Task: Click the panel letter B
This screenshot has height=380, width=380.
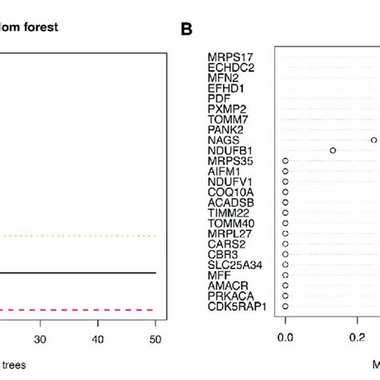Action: (186, 29)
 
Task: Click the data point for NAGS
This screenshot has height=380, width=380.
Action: (374, 139)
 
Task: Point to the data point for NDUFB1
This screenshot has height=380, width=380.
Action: (333, 150)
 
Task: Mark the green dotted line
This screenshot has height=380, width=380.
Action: (80, 236)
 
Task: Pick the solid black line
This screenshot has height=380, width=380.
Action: (80, 273)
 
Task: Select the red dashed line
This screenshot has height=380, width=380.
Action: (80, 309)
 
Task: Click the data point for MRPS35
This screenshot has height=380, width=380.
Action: (285, 160)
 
